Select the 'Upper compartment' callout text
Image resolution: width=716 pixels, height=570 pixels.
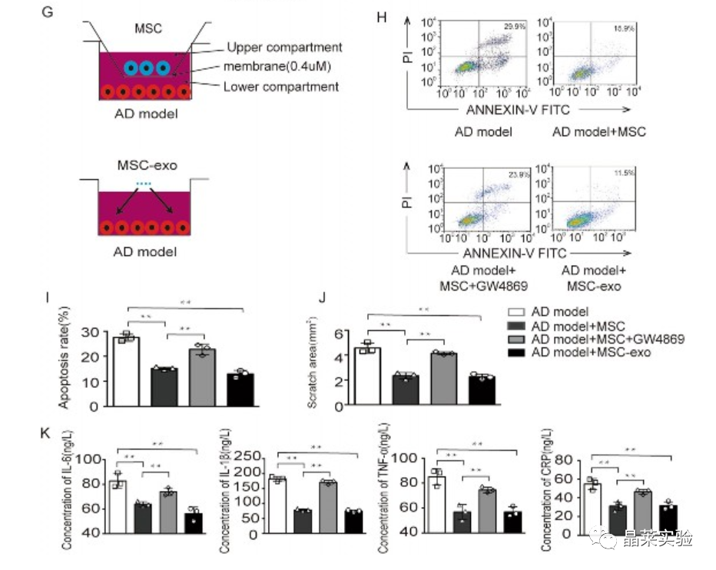[285, 48]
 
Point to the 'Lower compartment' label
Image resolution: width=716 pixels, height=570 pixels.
[280, 86]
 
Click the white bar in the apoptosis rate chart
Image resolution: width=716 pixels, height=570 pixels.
[126, 372]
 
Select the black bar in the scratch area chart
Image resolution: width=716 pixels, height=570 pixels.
[482, 390]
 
